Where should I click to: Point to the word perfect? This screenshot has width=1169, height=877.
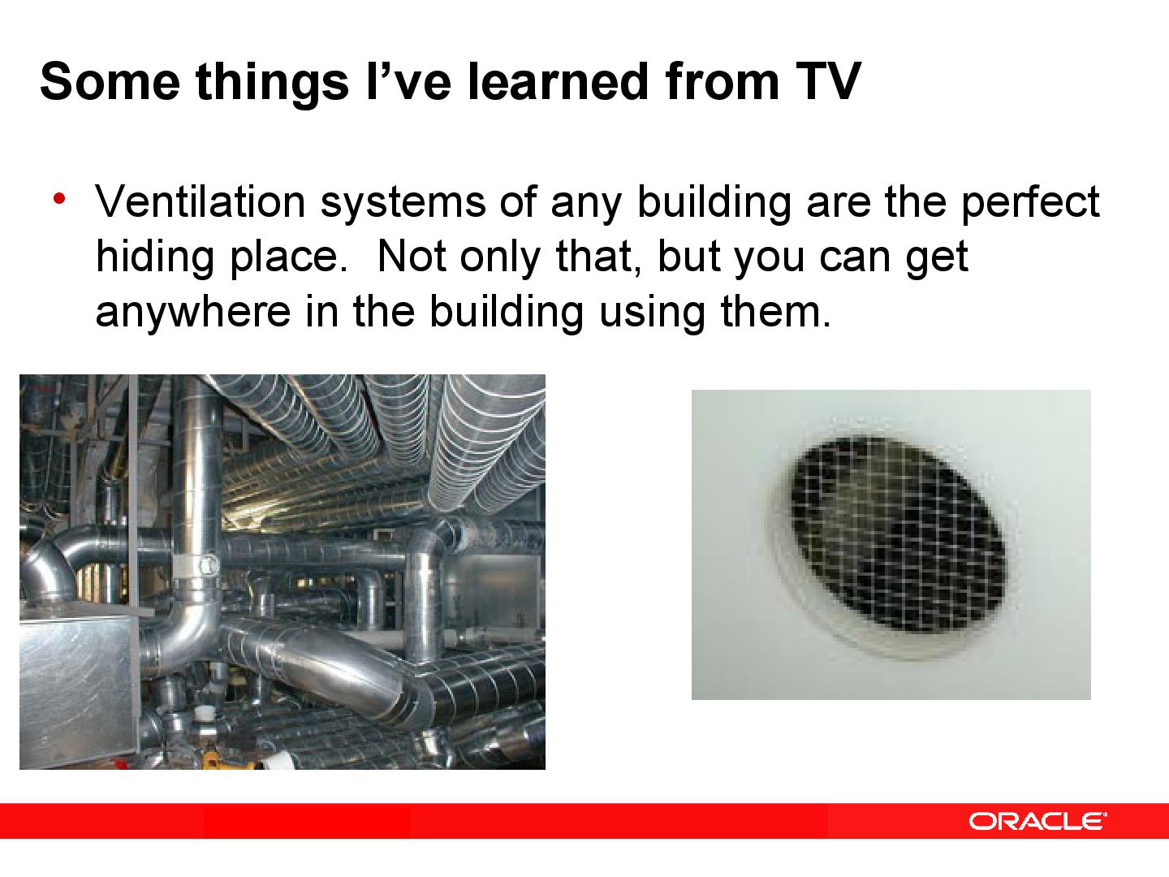(1030, 203)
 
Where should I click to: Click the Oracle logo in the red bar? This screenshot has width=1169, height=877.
(1037, 821)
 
